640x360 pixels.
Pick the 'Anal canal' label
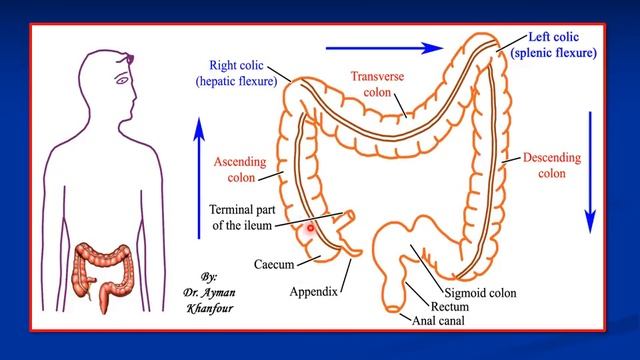click(439, 322)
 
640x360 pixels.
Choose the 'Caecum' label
click(273, 268)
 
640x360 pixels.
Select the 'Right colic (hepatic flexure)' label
click(236, 74)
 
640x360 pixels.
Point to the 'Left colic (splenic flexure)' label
click(553, 45)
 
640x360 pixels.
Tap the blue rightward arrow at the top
click(385, 45)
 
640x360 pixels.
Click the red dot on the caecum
click(311, 229)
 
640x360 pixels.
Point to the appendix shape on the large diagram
click(353, 261)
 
